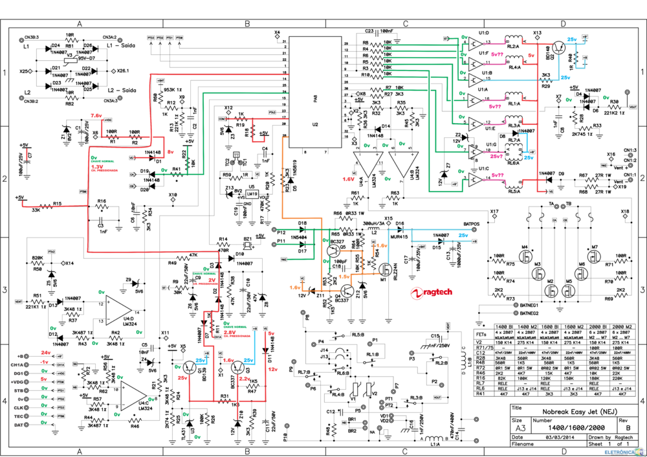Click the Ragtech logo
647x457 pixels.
pos(430,293)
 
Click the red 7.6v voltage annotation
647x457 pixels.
pos(96,115)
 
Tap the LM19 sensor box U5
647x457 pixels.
pos(251,194)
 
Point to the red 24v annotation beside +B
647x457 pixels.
pos(45,351)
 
